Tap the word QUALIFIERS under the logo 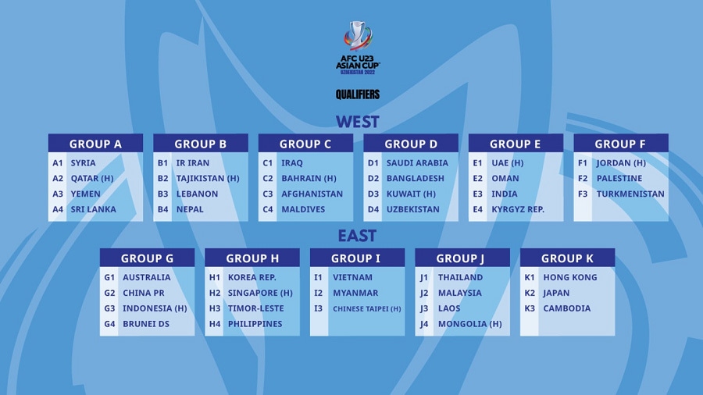coord(358,94)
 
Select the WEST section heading coord(357,122)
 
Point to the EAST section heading coord(357,236)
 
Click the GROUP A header coord(95,144)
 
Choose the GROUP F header coord(620,144)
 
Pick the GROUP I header coord(357,258)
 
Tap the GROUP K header coord(567,258)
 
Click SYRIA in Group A coord(84,163)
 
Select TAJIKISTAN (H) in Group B coord(208,179)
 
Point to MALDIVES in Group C coord(303,209)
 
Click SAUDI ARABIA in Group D coord(417,163)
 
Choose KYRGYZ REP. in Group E coord(518,209)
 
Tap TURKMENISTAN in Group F coord(630,194)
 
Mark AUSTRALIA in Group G coord(146,277)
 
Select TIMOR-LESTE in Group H coord(256,308)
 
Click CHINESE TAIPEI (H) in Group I coord(366,309)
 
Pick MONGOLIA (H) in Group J coord(469,324)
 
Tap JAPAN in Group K coord(556,293)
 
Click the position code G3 coord(109,308)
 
